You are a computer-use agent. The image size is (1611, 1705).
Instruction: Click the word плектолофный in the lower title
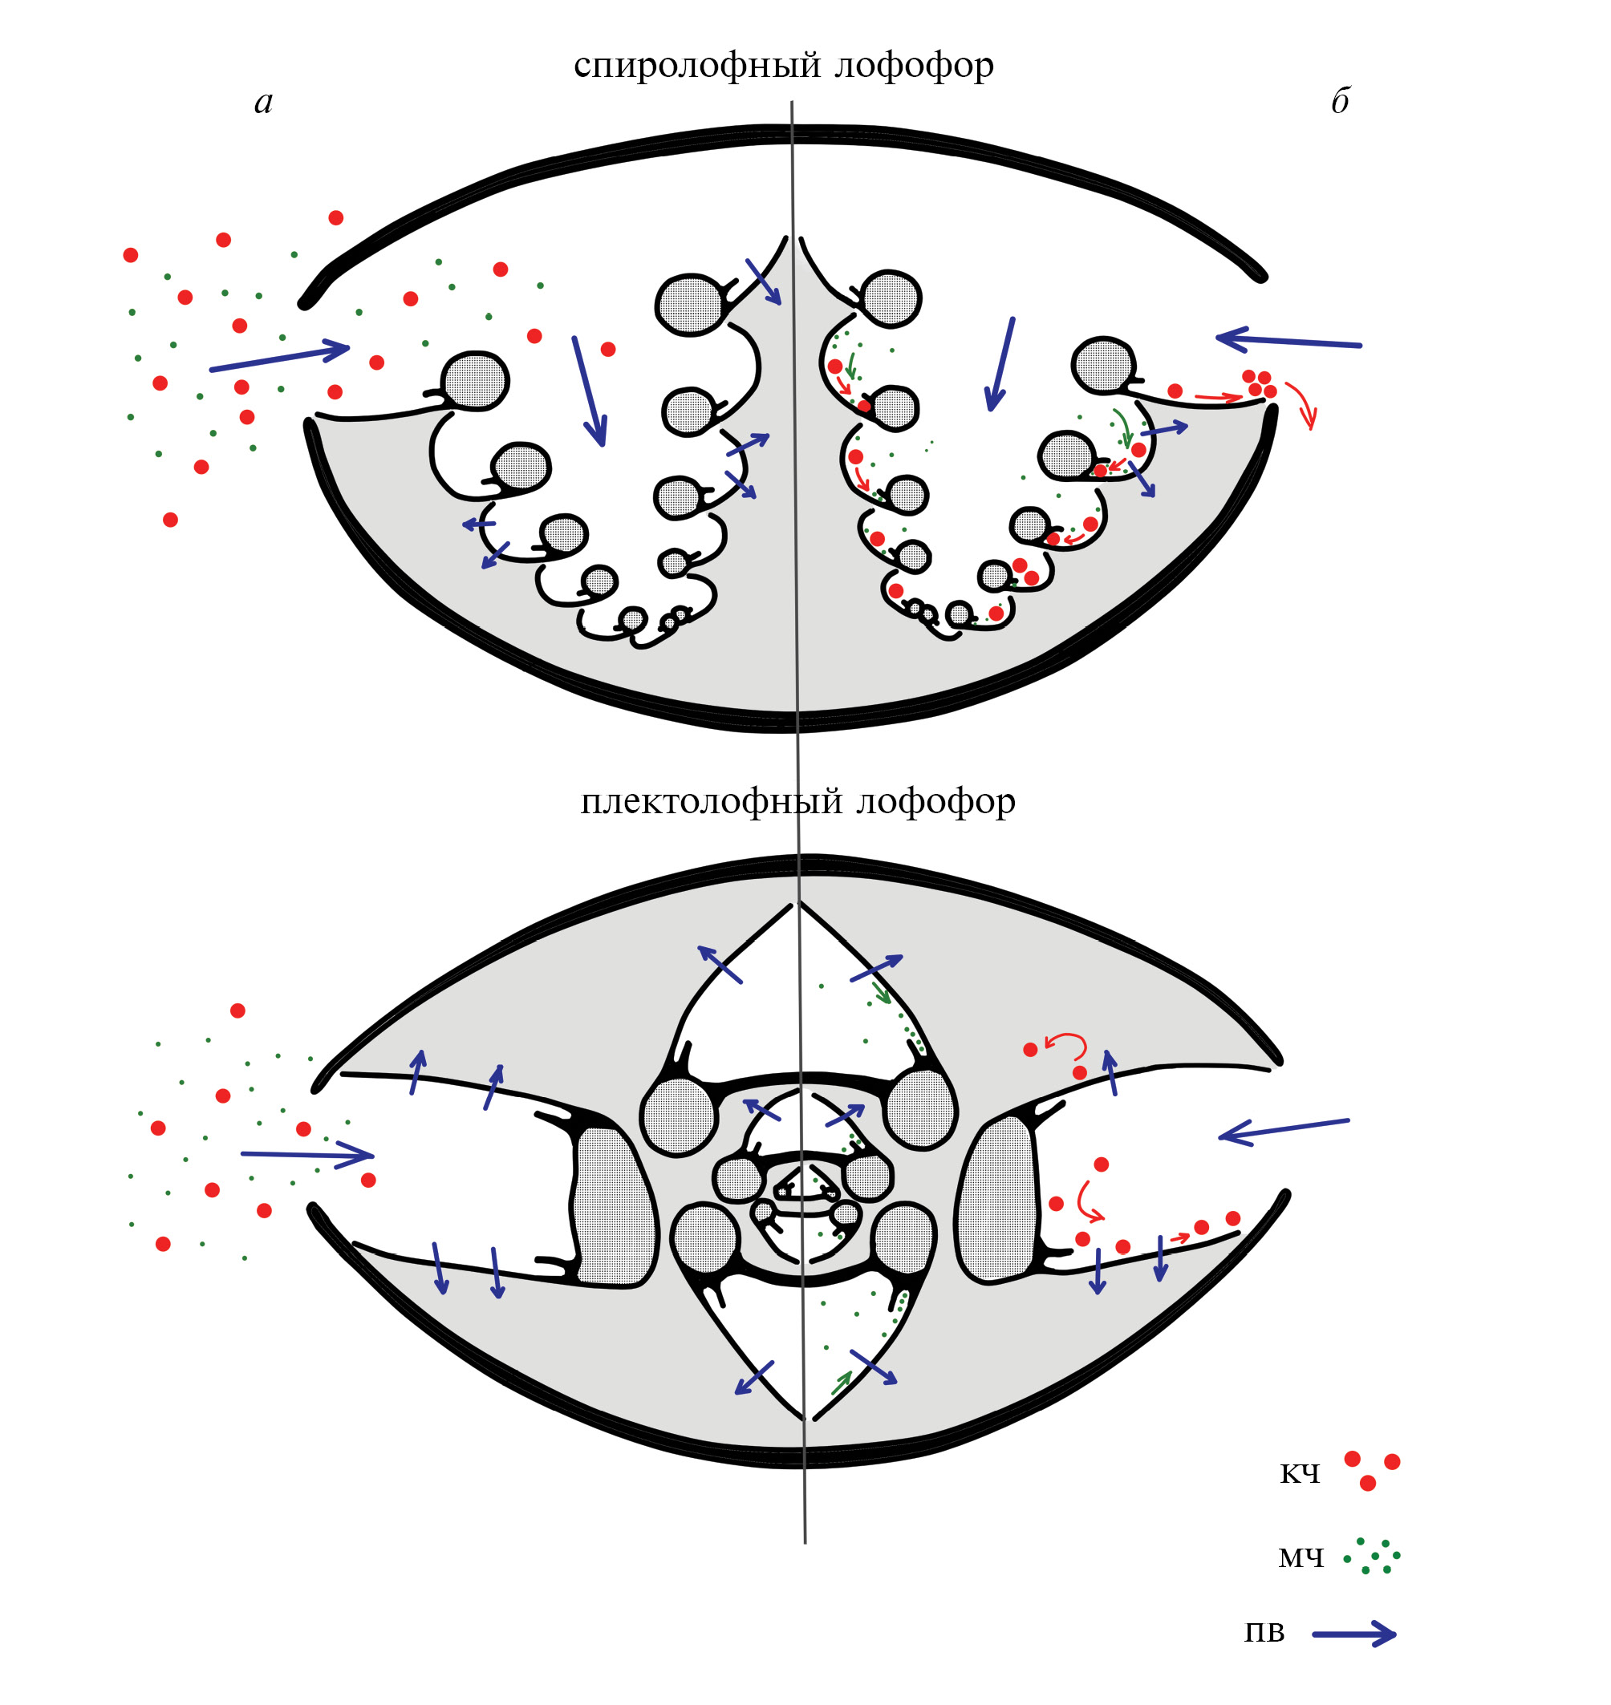pos(712,801)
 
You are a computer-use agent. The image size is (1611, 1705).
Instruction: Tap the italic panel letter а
pos(264,102)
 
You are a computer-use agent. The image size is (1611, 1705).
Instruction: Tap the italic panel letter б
pos(1340,100)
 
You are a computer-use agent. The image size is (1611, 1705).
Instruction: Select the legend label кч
pos(1299,1473)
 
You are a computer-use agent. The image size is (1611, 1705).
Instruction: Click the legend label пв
pos(1264,1632)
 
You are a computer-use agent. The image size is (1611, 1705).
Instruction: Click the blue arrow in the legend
pos(1354,1634)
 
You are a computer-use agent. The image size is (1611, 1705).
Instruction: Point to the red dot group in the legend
pos(1371,1469)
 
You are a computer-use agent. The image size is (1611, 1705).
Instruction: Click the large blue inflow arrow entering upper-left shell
pos(280,358)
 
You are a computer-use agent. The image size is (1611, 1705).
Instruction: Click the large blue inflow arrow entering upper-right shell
pos(1288,341)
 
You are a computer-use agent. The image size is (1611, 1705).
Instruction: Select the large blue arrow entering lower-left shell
pos(306,1155)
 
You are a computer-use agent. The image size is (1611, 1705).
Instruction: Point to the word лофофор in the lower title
pos(935,801)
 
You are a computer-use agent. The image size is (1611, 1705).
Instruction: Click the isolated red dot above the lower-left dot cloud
pos(237,1010)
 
